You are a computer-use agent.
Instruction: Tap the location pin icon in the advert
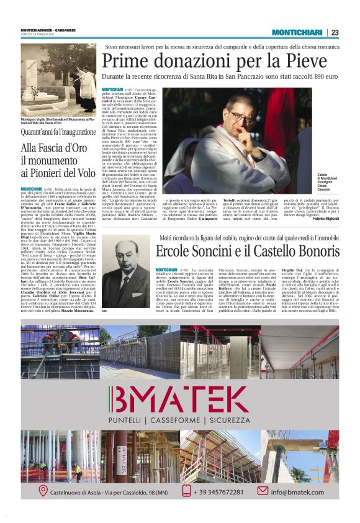[43, 492]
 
